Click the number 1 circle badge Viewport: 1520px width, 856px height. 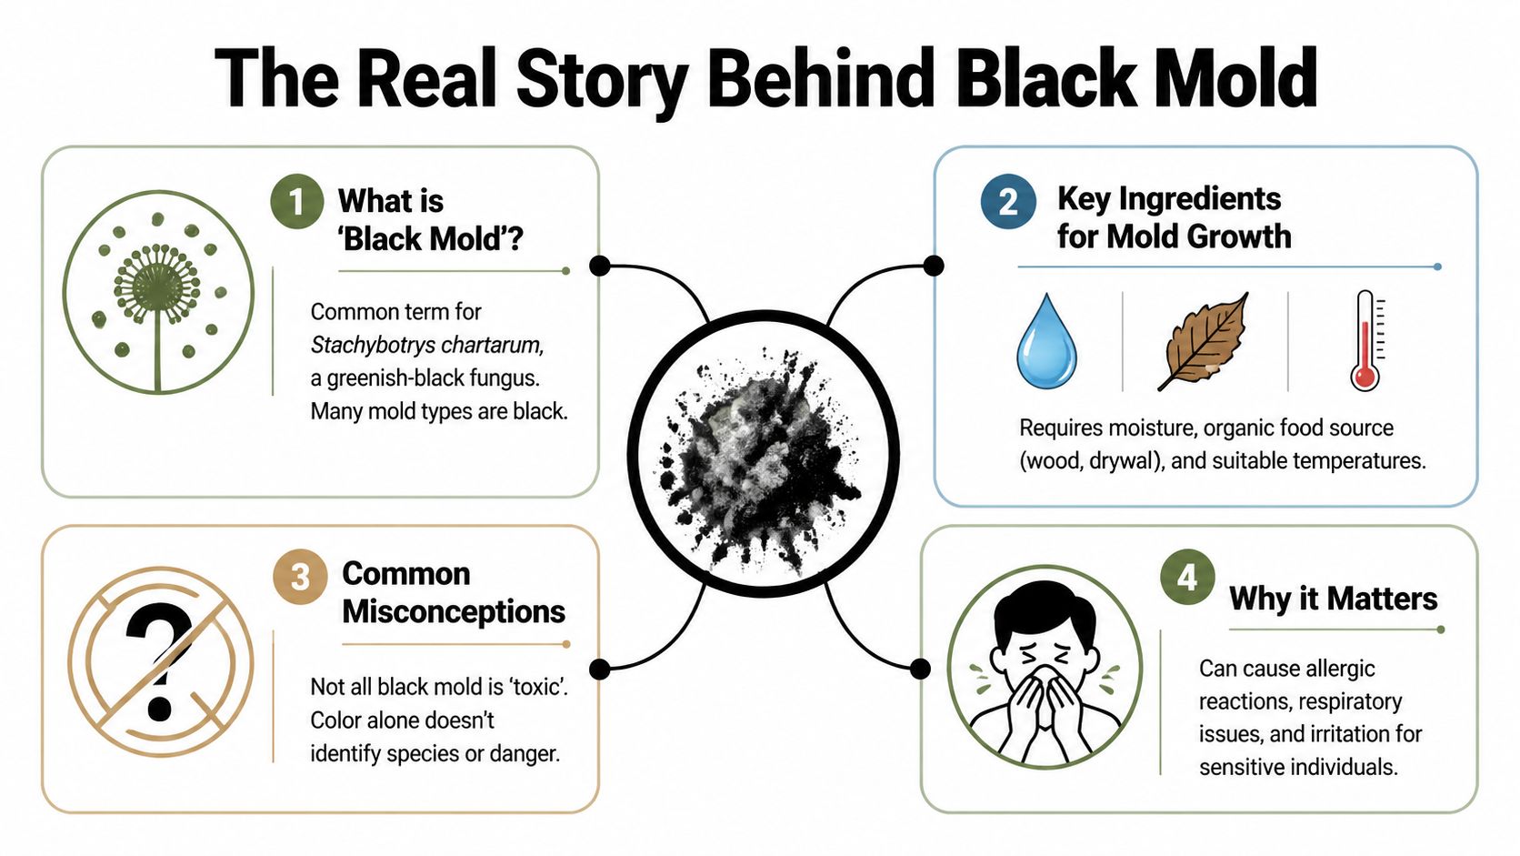click(296, 201)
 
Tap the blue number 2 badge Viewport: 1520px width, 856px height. click(1007, 201)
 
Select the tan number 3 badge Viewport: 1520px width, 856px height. click(300, 576)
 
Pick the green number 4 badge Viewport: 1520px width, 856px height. click(1187, 577)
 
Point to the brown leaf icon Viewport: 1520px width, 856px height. click(1205, 342)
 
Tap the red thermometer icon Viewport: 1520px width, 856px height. click(1365, 340)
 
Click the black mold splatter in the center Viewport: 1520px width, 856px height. click(762, 452)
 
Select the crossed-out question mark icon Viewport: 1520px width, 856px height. click(160, 661)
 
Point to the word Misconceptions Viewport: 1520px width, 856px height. click(454, 612)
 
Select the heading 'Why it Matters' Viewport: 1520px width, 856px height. click(1333, 599)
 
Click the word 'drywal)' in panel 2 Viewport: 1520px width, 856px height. click(1125, 461)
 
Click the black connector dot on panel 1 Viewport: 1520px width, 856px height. click(599, 266)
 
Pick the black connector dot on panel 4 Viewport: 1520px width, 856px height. click(920, 670)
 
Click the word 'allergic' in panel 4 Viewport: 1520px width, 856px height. click(1339, 669)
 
